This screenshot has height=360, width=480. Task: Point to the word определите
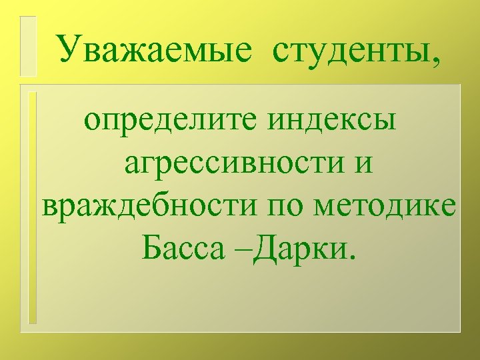[x=173, y=121]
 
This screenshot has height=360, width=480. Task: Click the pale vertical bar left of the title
[x=27, y=46]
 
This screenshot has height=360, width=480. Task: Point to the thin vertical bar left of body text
[x=33, y=207]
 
